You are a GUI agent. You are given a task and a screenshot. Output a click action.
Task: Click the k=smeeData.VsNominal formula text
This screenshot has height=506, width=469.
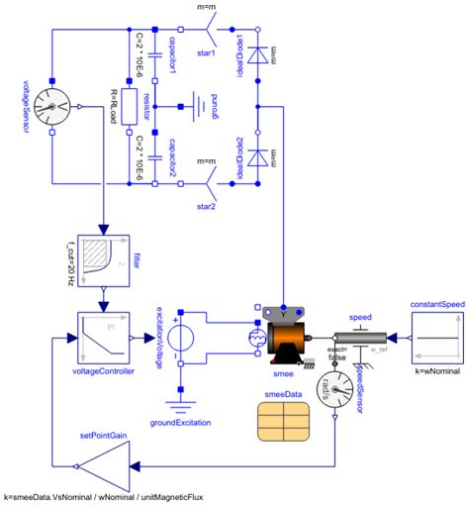click(x=103, y=496)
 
